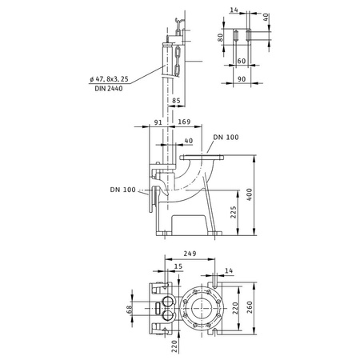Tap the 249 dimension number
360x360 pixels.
190,251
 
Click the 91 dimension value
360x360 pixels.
157,123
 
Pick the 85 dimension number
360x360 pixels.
176,100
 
